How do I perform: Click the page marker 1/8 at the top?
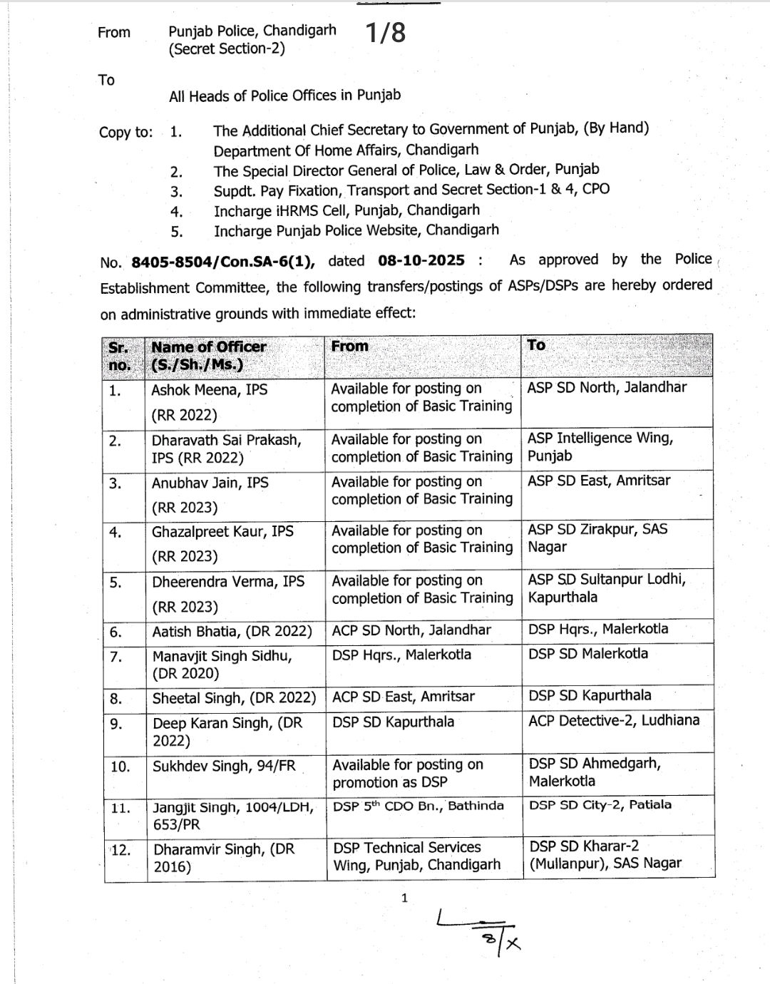pos(385,33)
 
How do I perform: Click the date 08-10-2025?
pos(421,260)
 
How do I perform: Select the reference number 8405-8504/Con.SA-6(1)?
pos(222,262)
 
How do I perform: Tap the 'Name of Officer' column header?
pos(208,347)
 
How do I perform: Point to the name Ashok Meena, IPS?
pos(210,390)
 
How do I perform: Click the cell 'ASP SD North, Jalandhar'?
pos(607,387)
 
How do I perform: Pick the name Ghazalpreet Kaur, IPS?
pos(222,531)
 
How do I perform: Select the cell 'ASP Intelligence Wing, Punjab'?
pos(600,446)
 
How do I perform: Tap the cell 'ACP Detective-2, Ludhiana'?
pos(614,720)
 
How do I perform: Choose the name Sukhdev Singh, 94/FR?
pos(224,766)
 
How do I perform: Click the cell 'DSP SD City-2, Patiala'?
pos(600,805)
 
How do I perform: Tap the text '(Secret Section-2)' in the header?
pos(227,49)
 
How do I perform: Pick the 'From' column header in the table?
pos(350,347)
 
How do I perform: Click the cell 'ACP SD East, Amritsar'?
pos(404,697)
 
